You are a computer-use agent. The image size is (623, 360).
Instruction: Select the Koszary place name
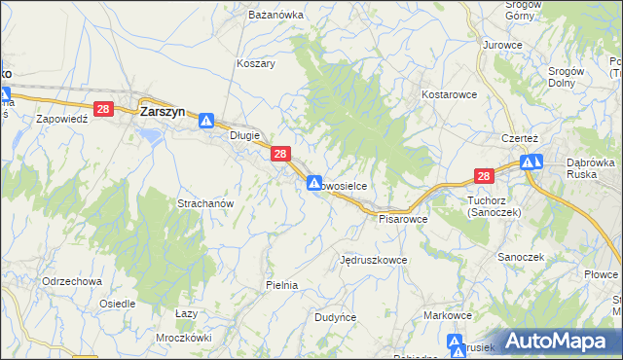pyautogui.click(x=256, y=63)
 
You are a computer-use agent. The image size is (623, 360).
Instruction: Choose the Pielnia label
pyautogui.click(x=281, y=285)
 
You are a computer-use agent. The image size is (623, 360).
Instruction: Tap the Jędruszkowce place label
pyautogui.click(x=374, y=261)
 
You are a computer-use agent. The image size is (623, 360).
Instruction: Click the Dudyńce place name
pyautogui.click(x=337, y=317)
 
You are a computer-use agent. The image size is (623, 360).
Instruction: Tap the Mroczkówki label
pyautogui.click(x=184, y=338)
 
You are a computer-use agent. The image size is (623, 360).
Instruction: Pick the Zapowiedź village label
pyautogui.click(x=62, y=118)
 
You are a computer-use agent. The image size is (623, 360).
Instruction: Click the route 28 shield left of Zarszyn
pyautogui.click(x=103, y=111)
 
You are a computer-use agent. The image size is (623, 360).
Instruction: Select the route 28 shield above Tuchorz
pyautogui.click(x=484, y=176)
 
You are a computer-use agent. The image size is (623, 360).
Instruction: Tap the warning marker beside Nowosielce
pyautogui.click(x=313, y=182)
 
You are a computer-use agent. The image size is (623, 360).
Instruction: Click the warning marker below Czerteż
pyautogui.click(x=531, y=162)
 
